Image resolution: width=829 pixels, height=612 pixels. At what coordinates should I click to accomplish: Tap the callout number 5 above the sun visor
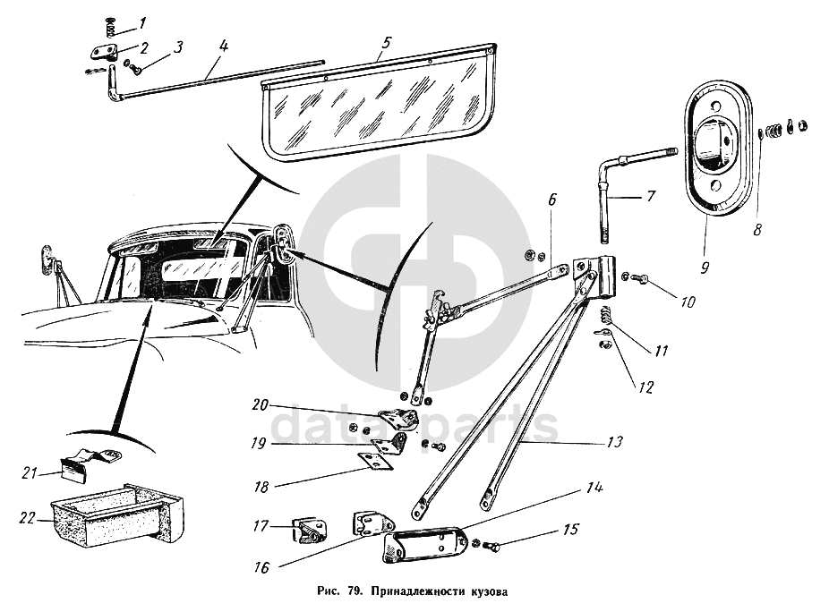click(386, 42)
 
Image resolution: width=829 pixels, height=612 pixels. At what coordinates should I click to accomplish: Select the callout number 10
click(688, 302)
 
